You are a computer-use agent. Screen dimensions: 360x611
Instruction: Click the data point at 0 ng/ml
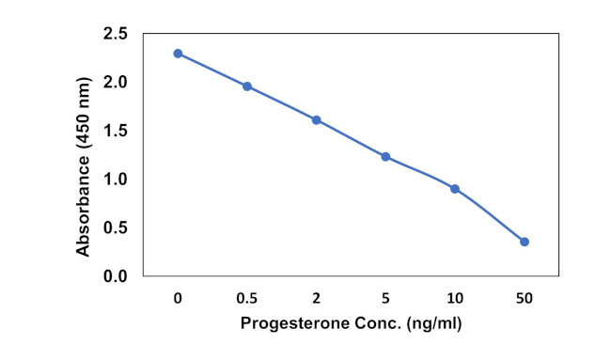[178, 54]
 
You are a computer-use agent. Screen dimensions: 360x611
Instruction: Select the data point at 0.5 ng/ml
[247, 86]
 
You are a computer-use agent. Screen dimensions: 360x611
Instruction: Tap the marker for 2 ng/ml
[316, 120]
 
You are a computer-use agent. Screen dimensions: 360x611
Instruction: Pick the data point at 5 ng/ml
[385, 156]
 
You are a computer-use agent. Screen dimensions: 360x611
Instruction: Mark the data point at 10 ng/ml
[455, 189]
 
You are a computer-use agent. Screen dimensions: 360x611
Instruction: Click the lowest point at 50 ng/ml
[525, 242]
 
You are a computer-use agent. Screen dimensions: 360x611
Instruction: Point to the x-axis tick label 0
[178, 298]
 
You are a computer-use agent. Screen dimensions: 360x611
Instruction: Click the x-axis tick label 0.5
[247, 298]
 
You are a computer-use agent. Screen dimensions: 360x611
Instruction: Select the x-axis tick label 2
[316, 298]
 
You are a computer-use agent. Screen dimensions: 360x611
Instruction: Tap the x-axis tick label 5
[385, 298]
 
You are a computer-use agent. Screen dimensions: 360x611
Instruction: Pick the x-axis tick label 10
[455, 298]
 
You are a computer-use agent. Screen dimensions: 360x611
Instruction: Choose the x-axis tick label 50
[525, 298]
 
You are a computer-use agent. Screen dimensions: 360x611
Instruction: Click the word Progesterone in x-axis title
[296, 324]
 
